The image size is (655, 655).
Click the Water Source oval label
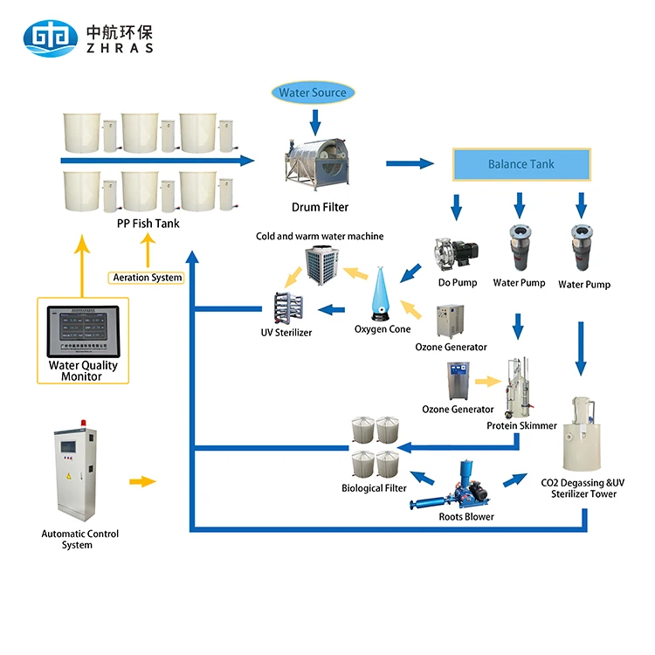coord(313,93)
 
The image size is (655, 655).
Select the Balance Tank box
coord(521,164)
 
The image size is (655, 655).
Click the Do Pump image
coord(456,252)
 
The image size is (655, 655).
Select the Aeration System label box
coord(148,278)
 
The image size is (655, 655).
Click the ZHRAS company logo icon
coord(49,37)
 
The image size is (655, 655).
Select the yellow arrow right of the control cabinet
coord(141,481)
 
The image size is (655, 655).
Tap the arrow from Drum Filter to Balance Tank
coord(410,163)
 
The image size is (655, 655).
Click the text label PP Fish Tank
coord(147,223)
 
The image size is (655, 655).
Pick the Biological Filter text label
coord(374,488)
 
